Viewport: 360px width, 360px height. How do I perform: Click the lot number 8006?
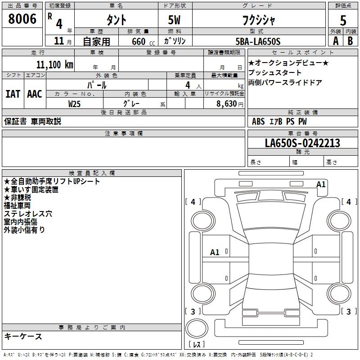[22, 19]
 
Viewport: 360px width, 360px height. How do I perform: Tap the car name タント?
[116, 19]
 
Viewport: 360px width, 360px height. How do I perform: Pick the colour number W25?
[75, 103]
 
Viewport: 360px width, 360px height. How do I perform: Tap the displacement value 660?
[139, 41]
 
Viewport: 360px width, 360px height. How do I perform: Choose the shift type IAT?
[13, 94]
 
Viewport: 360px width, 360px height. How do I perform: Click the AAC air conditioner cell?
[35, 94]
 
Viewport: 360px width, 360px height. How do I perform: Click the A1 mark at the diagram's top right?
[321, 184]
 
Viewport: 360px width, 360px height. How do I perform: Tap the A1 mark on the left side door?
[215, 252]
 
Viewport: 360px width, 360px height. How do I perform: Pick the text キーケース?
[23, 337]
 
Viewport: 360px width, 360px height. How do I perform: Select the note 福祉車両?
[17, 206]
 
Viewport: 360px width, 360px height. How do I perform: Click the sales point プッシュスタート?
[275, 72]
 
